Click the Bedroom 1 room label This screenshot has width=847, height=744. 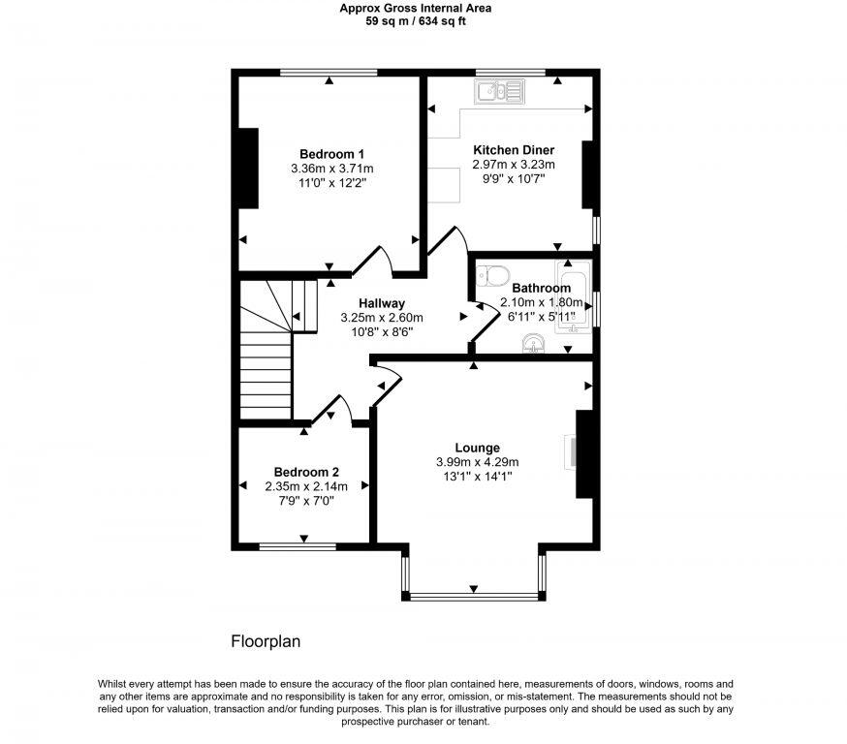[331, 154]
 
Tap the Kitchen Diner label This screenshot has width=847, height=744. [513, 150]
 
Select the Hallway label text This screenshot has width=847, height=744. [381, 303]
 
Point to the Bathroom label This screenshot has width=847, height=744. [541, 288]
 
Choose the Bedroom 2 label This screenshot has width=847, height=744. [305, 472]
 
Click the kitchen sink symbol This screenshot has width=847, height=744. [499, 92]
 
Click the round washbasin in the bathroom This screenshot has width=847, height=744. [533, 343]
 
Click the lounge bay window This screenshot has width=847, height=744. [474, 592]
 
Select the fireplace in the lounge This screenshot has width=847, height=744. [572, 453]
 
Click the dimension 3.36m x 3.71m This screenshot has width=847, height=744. [331, 169]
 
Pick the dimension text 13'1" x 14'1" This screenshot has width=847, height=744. [477, 476]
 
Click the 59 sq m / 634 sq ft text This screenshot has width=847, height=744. [415, 21]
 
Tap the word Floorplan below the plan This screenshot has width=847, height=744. [267, 641]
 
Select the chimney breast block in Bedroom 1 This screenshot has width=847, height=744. [248, 168]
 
